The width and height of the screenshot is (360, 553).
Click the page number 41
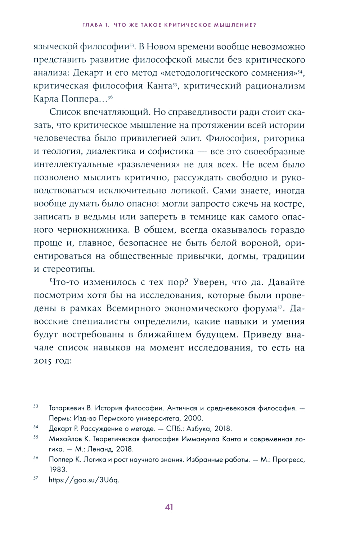pos(169,507)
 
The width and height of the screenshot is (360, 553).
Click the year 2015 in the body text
pos(43,361)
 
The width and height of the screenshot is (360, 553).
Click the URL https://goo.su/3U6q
pos(84,480)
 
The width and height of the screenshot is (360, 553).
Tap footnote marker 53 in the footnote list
pos(36,406)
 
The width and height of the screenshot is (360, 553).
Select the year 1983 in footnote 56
pos(58,470)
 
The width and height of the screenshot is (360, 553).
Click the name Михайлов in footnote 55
pos(69,439)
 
